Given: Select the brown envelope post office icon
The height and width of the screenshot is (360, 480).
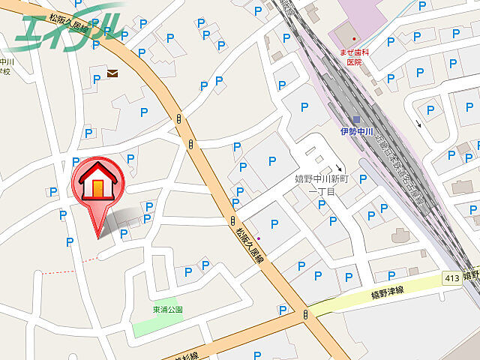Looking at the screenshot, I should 112,73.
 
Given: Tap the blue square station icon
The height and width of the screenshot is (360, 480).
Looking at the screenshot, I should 357,120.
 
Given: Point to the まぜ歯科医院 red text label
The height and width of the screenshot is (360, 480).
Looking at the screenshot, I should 353,57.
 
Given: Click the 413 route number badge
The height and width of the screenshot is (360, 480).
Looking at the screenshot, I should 451,278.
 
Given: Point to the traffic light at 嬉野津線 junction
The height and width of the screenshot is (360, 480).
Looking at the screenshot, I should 305,316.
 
